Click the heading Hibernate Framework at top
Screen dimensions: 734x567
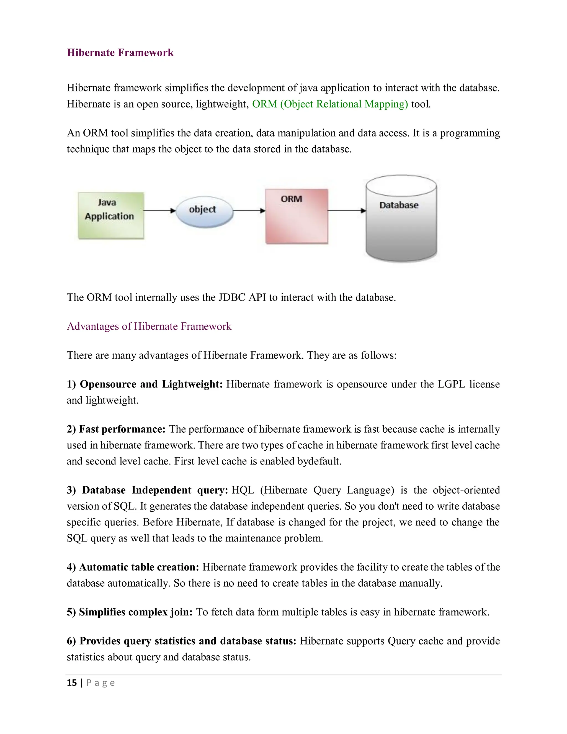coord(120,53)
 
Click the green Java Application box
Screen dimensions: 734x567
coord(110,215)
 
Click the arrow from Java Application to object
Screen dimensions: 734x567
coord(159,211)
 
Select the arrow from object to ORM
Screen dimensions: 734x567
coord(249,211)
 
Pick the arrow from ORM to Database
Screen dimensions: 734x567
coord(346,211)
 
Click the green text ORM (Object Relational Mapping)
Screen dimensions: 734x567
coord(330,104)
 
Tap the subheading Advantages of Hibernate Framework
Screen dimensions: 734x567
coord(149,326)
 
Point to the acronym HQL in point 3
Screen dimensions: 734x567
coord(243,490)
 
